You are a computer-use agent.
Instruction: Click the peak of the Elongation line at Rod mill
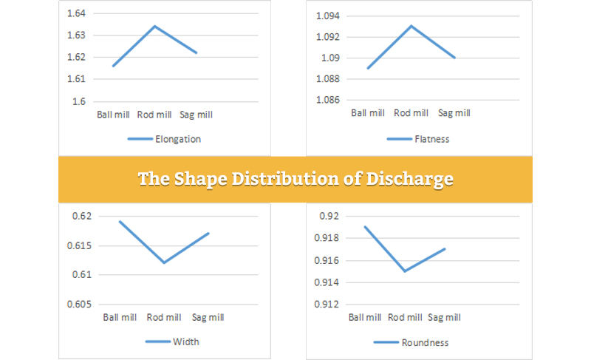point(154,27)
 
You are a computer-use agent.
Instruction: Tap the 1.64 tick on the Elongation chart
point(76,13)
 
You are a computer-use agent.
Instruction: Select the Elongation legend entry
point(164,138)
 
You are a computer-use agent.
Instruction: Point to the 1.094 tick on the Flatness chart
point(327,16)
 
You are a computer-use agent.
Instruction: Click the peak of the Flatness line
point(411,26)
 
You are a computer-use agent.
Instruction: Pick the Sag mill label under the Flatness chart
point(454,113)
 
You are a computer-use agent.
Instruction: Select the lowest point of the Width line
point(164,262)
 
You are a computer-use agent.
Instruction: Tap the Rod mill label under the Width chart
point(164,317)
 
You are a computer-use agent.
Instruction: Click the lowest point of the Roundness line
point(404,271)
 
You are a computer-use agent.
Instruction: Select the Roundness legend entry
point(424,342)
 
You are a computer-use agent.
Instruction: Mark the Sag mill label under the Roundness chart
point(444,317)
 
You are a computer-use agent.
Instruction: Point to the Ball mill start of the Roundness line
point(364,226)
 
